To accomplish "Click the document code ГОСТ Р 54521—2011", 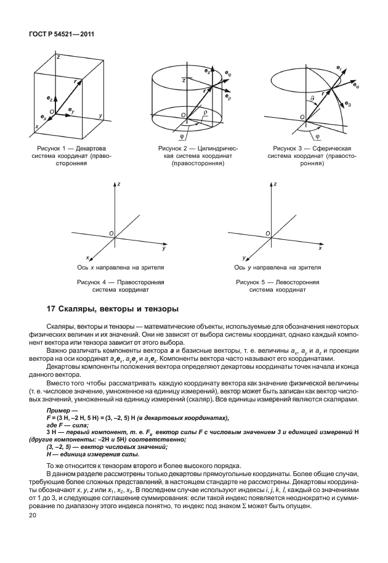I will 57,34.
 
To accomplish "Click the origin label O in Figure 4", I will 111,234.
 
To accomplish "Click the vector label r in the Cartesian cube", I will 75,81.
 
